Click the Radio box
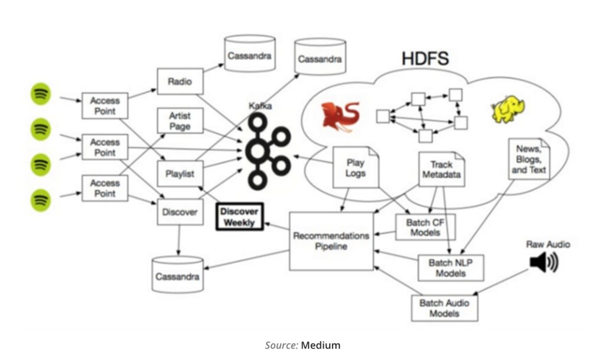pos(180,82)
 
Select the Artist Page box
pos(180,121)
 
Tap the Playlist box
pos(180,173)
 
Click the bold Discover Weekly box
pos(239,217)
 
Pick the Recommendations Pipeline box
pos(331,241)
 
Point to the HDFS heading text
pos(425,59)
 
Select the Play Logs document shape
pos(355,168)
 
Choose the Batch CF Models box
pos(425,228)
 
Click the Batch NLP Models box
pos(450,268)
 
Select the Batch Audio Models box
pos(444,308)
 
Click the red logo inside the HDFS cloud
pos(340,115)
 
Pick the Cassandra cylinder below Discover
pos(177,275)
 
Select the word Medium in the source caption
pos(321,345)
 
